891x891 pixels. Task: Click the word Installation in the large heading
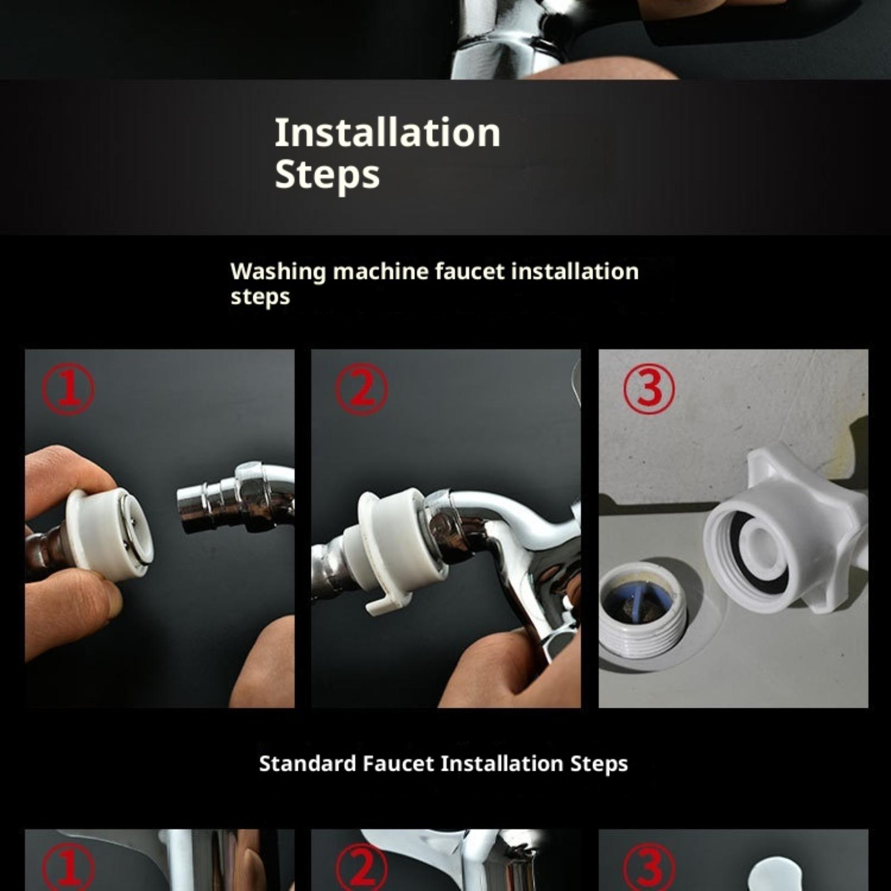coord(388,133)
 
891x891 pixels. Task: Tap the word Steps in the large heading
coord(327,175)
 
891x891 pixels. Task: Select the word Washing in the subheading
coord(278,272)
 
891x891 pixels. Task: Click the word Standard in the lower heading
coord(308,763)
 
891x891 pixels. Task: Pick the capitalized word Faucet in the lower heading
coord(398,763)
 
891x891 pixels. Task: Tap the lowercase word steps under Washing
coord(260,297)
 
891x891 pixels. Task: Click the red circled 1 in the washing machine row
coord(68,388)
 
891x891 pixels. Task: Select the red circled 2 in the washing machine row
coord(361,388)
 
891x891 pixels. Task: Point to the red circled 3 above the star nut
coord(649,388)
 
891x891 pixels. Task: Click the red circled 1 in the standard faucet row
coord(68,869)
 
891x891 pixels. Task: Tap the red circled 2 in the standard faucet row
coord(361,869)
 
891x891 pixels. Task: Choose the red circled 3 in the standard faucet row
coord(649,869)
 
